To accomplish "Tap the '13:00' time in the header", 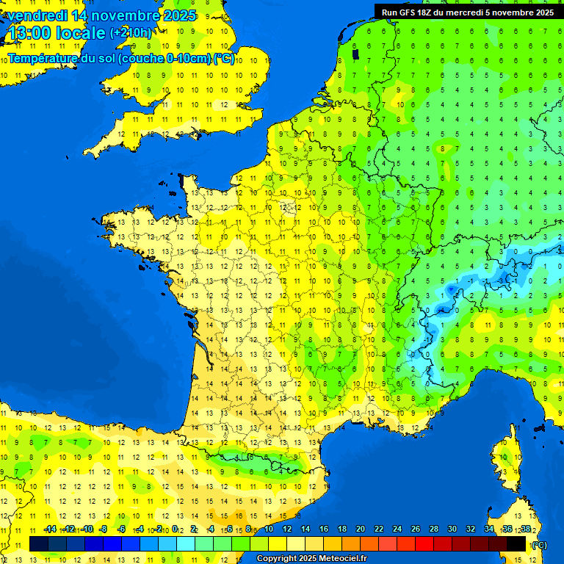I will [27, 33].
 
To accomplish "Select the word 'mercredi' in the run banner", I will [486, 12].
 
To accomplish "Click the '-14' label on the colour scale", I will [50, 529].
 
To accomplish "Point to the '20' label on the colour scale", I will [361, 529].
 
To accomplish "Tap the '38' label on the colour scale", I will [525, 529].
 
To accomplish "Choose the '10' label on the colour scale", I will [269, 529].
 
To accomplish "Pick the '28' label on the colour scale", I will [433, 529].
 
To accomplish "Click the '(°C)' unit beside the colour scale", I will [540, 544].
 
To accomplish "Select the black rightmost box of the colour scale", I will [516, 543].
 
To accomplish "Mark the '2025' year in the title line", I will [178, 15].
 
